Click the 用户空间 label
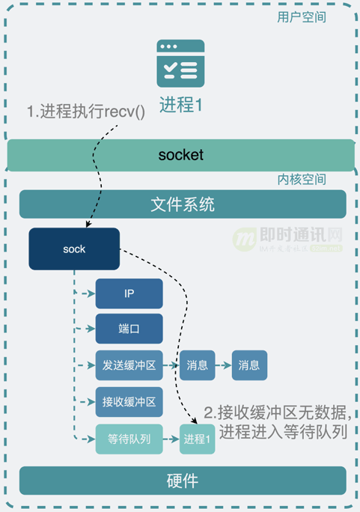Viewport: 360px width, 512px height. [302, 16]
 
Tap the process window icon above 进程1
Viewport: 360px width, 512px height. [180, 64]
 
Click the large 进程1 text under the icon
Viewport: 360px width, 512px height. [180, 106]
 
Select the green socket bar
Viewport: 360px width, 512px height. [180, 155]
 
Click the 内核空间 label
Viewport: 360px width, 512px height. [302, 180]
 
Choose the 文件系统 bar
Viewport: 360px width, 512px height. [183, 204]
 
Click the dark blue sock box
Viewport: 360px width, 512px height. [74, 249]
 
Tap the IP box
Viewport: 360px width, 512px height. [129, 293]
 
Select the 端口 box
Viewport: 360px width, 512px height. [129, 329]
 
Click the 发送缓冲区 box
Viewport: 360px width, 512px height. [129, 365]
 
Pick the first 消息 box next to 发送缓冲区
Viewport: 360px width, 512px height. [197, 365]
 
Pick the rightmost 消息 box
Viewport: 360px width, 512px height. [249, 365]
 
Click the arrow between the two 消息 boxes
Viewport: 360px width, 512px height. [223, 365]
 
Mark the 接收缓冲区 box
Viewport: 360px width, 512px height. [129, 402]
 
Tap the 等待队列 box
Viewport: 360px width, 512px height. [129, 439]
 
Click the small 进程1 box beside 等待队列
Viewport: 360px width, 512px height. [198, 439]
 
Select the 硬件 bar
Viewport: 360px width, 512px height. [183, 481]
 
